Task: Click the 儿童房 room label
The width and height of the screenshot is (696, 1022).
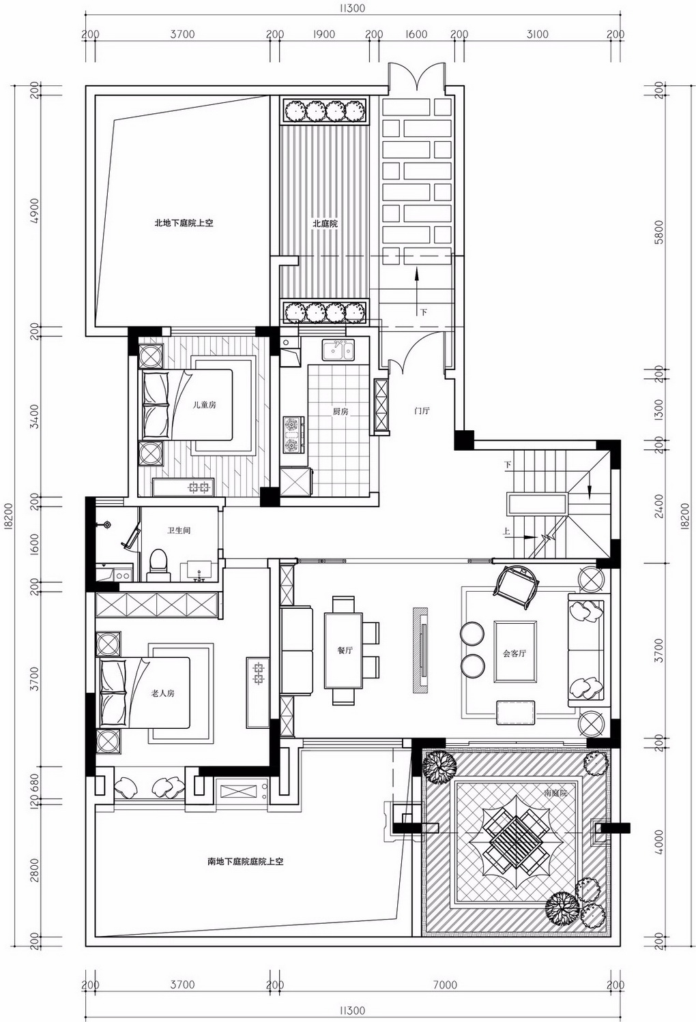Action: (204, 405)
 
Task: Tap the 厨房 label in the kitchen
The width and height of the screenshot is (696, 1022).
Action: (340, 411)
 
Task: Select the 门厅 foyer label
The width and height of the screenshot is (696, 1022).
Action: (422, 410)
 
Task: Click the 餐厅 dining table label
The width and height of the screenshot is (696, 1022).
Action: (345, 650)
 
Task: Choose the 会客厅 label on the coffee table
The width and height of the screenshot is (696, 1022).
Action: (514, 653)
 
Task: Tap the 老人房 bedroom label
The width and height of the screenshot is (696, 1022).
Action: (162, 693)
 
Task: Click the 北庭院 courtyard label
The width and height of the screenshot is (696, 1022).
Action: (325, 224)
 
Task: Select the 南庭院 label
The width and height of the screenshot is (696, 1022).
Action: (555, 792)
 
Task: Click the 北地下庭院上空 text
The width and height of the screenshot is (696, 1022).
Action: (184, 223)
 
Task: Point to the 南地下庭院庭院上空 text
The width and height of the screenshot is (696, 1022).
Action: (245, 862)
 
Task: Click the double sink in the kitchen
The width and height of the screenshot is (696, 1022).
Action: (338, 350)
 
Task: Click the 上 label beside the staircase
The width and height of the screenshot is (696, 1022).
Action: (506, 531)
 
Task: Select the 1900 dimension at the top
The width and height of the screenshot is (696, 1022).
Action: (324, 34)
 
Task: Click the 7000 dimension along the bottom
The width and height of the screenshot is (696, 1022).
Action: (446, 985)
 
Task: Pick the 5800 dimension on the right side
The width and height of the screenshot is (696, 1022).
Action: (658, 232)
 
